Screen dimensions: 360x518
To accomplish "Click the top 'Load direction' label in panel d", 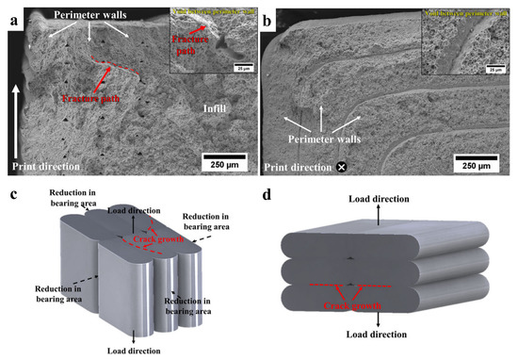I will pyautogui.click(x=378, y=200).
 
